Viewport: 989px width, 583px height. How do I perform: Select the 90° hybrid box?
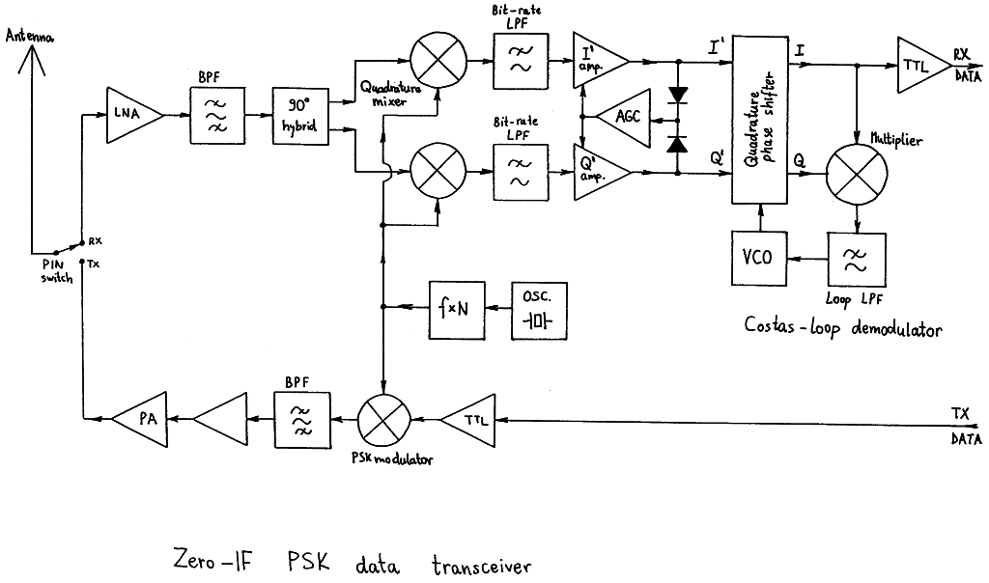click(300, 116)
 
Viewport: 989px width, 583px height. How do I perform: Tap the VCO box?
click(759, 258)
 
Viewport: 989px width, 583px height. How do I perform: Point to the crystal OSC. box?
click(539, 311)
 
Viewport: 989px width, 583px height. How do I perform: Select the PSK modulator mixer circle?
click(384, 420)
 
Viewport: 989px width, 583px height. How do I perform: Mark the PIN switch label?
click(57, 271)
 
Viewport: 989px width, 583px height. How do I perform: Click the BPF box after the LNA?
click(217, 115)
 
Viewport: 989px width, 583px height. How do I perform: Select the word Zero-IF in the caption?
click(212, 560)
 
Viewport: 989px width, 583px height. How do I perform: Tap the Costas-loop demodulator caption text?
click(842, 326)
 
